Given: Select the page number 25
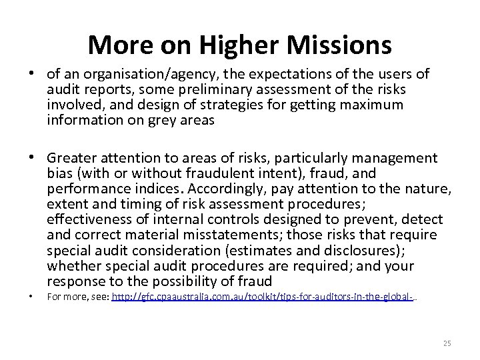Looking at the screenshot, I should coord(447,343).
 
